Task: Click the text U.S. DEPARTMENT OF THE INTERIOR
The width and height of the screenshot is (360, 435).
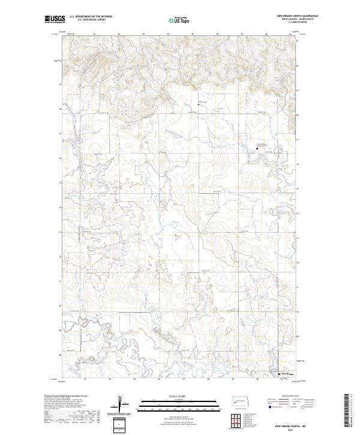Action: pyautogui.click(x=91, y=16)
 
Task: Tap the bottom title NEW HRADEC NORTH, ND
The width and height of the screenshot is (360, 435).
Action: pyautogui.click(x=299, y=425)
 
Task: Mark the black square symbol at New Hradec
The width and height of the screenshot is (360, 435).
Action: pyautogui.click(x=279, y=373)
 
